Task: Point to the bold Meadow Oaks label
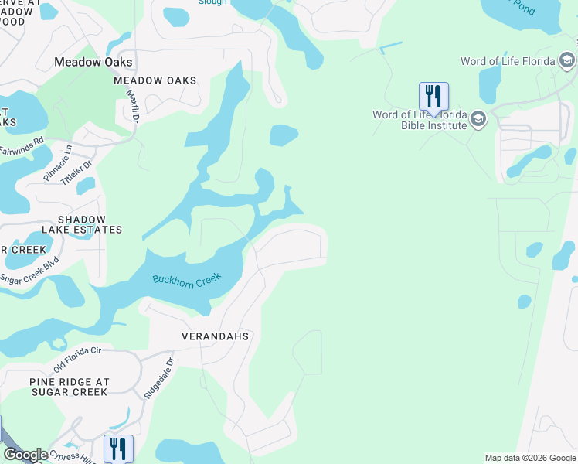[x=93, y=62]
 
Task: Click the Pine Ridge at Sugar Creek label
[x=70, y=387]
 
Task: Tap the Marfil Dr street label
[x=132, y=105]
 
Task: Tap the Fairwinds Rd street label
[x=22, y=142]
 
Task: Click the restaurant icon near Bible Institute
[x=433, y=97]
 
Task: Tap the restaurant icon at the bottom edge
[x=118, y=449]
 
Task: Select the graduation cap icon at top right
[x=567, y=61]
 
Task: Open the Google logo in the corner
[x=25, y=455]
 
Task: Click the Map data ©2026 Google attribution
[x=530, y=458]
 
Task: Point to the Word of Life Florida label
[x=508, y=61]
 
